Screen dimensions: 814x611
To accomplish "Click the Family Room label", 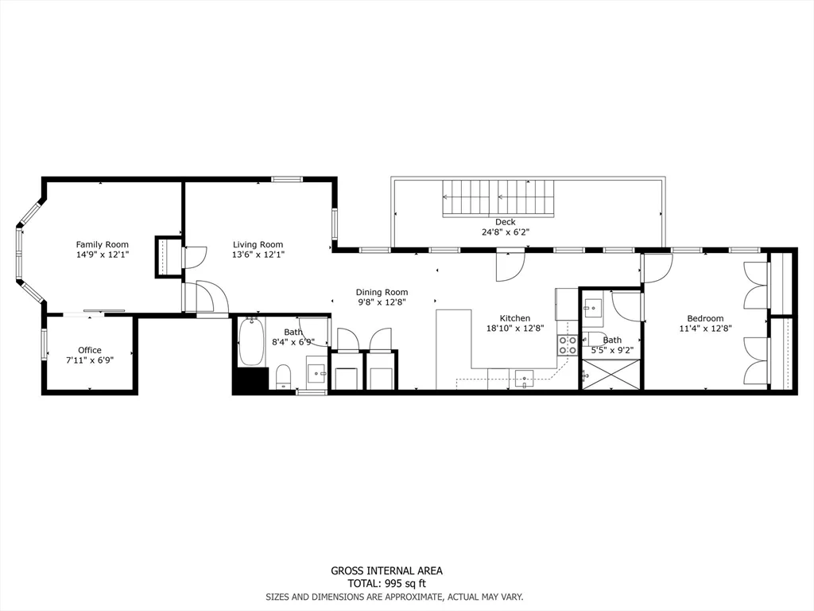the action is coord(103,244).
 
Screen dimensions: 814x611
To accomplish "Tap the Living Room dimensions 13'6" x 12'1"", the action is coord(258,255).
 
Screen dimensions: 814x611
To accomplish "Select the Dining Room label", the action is coord(382,292).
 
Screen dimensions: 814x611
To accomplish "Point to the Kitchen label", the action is coord(515,318).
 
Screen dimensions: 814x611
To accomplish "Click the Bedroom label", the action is coord(705,318).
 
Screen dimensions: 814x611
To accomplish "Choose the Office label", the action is coord(90,350).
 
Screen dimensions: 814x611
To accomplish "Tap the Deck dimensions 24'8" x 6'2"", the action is coord(505,232).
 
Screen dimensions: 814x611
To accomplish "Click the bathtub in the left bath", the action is coord(251,342).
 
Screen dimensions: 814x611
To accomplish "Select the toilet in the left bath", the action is coord(284,376).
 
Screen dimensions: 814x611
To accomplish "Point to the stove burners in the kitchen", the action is coord(568,345).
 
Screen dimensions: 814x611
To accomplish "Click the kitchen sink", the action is coord(524,379).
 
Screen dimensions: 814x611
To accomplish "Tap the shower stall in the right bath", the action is coord(610,373).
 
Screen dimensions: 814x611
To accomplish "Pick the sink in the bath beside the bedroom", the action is coord(591,308).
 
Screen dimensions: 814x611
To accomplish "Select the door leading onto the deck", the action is coord(510,266).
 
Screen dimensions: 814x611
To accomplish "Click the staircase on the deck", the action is coord(498,198).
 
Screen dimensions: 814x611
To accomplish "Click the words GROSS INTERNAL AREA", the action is coord(387,570).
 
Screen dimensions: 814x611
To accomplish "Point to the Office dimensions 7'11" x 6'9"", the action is coord(90,360).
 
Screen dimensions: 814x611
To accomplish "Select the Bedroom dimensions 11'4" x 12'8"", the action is coord(705,329).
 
